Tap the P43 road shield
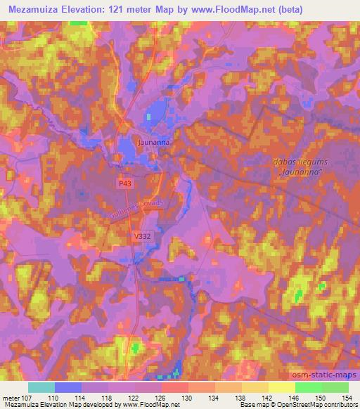coord(125,183)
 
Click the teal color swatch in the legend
coord(41,387)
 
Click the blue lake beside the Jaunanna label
coord(127,148)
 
